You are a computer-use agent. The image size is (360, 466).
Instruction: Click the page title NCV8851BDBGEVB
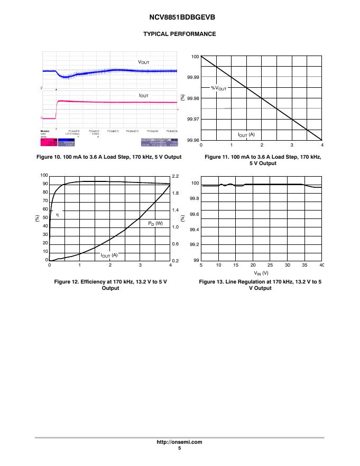(180, 17)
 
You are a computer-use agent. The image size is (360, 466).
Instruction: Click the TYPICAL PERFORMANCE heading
(180, 34)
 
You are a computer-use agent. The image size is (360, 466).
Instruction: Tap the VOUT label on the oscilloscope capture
(144, 62)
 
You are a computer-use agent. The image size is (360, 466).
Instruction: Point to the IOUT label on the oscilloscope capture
(143, 95)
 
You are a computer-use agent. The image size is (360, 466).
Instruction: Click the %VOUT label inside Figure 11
(219, 88)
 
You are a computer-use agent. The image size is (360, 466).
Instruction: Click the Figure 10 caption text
(111, 157)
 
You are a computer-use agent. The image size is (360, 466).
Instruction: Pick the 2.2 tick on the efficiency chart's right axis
(176, 175)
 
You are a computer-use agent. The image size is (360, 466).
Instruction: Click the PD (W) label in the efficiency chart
(155, 223)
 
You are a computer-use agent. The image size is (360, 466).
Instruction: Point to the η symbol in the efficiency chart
(58, 214)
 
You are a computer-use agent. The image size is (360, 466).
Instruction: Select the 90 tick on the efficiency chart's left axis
(45, 184)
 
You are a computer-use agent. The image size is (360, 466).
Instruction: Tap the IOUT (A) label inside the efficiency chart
(109, 255)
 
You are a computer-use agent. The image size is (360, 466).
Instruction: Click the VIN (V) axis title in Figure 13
(261, 273)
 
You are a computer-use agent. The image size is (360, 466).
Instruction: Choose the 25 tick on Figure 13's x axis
(270, 264)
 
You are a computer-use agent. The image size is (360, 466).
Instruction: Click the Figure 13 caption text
(260, 285)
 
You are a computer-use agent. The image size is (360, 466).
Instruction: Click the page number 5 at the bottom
(180, 449)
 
